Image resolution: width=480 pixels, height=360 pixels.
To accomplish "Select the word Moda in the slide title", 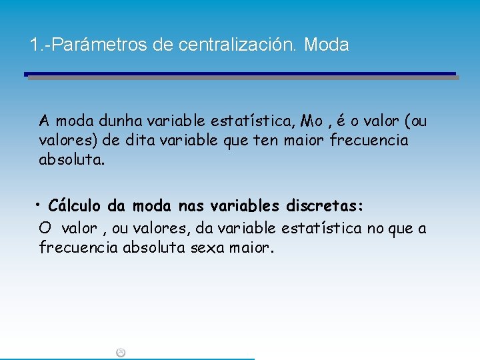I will [326, 45].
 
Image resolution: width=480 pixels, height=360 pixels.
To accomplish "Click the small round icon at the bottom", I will [121, 353].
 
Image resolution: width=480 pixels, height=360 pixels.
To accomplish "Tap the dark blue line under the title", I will [240, 73].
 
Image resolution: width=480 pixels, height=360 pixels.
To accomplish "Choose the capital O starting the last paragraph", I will [45, 229].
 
